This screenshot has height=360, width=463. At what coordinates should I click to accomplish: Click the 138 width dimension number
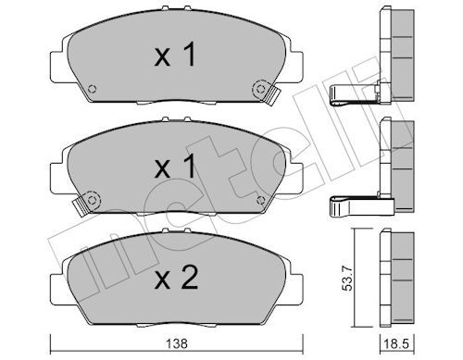[177, 343]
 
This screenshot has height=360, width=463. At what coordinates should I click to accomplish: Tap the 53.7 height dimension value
[348, 279]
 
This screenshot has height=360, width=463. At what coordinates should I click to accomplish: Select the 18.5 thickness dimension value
[395, 343]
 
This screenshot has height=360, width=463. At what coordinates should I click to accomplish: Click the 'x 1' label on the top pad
[175, 55]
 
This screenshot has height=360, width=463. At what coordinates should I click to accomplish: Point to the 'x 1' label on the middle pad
[175, 166]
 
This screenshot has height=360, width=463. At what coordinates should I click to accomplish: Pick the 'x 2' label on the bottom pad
[176, 278]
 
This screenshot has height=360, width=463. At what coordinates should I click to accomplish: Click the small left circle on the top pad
[92, 89]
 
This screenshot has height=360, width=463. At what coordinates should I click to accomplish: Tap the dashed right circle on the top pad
[261, 89]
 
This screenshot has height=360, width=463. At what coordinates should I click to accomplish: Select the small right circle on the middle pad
[261, 200]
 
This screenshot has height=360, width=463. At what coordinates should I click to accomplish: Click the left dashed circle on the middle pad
[92, 200]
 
